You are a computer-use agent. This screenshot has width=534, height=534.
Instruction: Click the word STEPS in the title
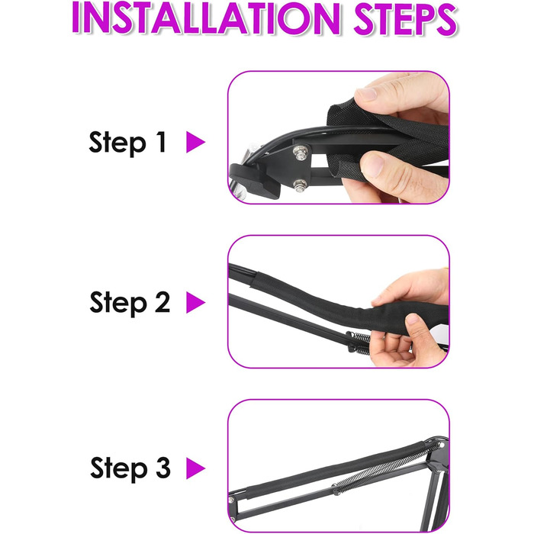(x=405, y=18)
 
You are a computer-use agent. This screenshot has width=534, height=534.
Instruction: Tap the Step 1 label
(x=127, y=143)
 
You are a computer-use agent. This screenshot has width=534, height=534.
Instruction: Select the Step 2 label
(x=130, y=303)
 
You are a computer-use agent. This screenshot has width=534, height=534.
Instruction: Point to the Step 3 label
(x=130, y=468)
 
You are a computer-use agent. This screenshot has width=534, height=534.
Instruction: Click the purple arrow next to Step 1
(x=195, y=142)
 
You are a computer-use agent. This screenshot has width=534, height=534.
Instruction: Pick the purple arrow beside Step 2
(x=195, y=302)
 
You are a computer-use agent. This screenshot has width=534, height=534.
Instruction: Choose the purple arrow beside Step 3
(x=195, y=468)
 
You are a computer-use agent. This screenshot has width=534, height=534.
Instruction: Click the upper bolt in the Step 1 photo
(x=301, y=152)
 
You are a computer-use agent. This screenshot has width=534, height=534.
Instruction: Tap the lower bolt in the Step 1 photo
(x=300, y=185)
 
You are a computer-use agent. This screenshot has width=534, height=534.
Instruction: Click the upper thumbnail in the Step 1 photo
(x=365, y=94)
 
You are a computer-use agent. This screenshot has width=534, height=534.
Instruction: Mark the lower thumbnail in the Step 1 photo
(x=373, y=165)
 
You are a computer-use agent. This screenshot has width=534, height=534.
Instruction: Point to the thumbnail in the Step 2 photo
(x=413, y=319)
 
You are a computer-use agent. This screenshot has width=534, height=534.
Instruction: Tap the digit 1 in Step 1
(x=161, y=142)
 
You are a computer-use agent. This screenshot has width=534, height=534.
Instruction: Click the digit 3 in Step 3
(x=163, y=468)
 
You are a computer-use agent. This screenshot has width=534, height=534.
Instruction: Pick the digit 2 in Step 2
(x=162, y=302)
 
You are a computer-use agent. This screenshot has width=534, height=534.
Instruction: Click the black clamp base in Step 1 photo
(x=256, y=181)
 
